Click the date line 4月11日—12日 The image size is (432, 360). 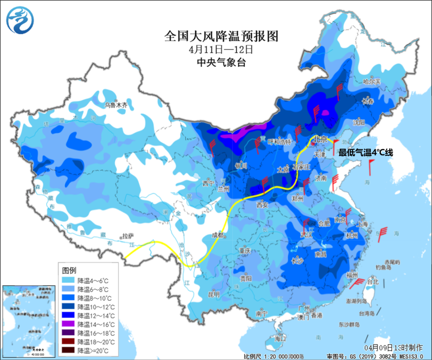[221, 50]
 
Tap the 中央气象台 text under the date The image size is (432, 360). [221, 62]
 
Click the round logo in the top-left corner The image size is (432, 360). [20, 20]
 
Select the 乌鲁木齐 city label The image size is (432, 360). [116, 105]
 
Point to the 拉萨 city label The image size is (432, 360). [128, 236]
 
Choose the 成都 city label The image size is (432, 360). [218, 235]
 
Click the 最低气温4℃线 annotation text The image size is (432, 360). [366, 152]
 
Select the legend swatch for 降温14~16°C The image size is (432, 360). [69, 324]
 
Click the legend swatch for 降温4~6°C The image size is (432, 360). [69, 280]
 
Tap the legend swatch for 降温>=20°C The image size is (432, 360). [69, 351]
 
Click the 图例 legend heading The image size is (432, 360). [69, 270]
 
